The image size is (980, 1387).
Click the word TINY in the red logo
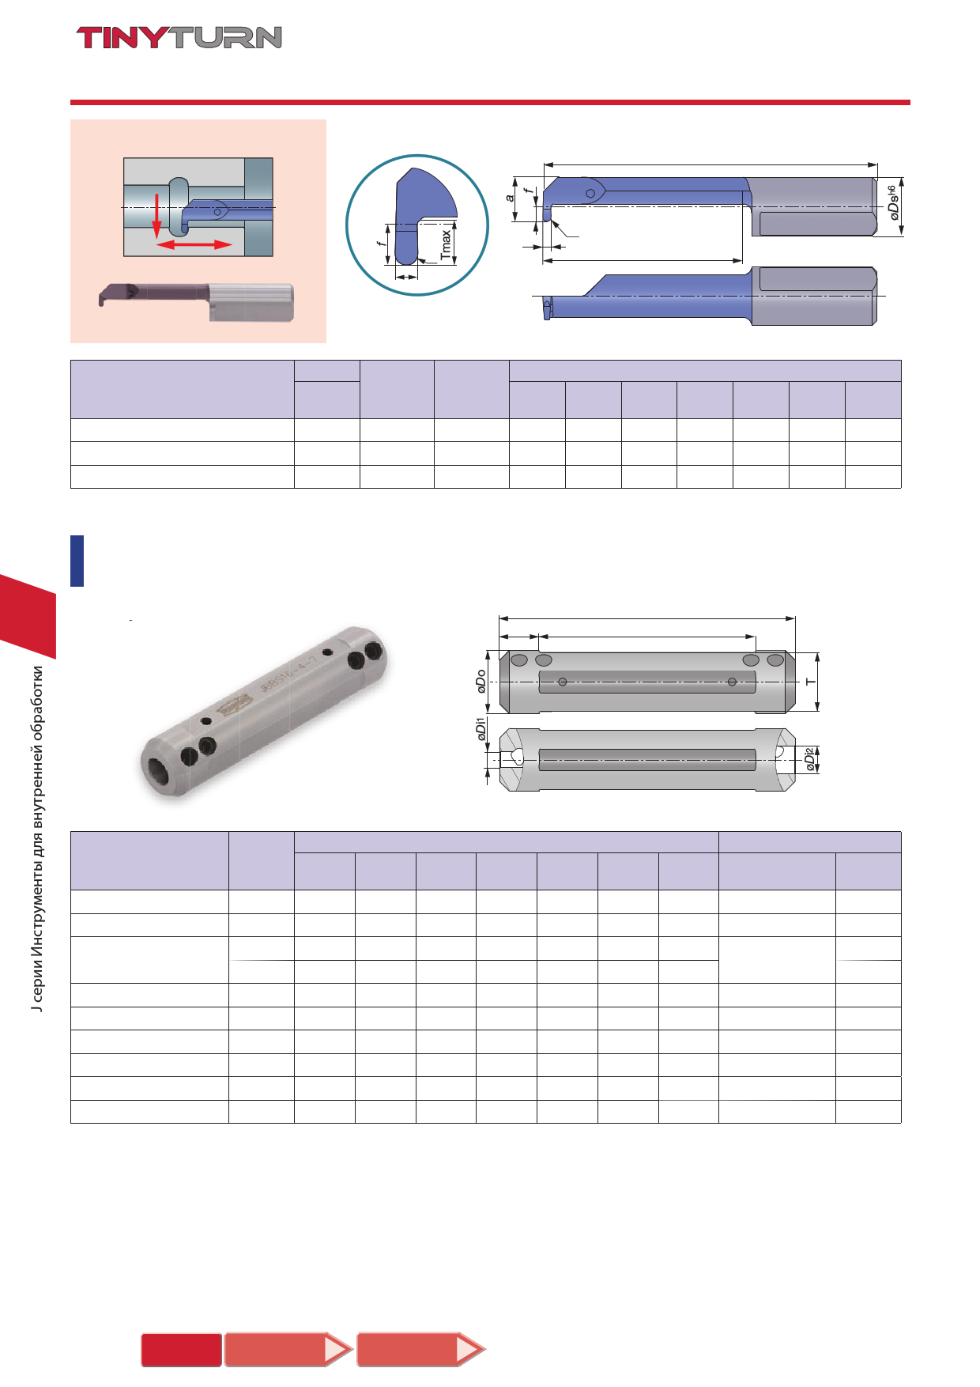pos(123,38)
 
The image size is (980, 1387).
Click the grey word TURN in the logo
pos(226,38)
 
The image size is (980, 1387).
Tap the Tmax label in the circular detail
pos(447,245)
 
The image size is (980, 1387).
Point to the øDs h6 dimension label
pos(893,202)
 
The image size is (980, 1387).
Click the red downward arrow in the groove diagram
pos(156,214)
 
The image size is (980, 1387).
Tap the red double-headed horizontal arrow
pos(194,245)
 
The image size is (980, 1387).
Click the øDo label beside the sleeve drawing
pos(481,681)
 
